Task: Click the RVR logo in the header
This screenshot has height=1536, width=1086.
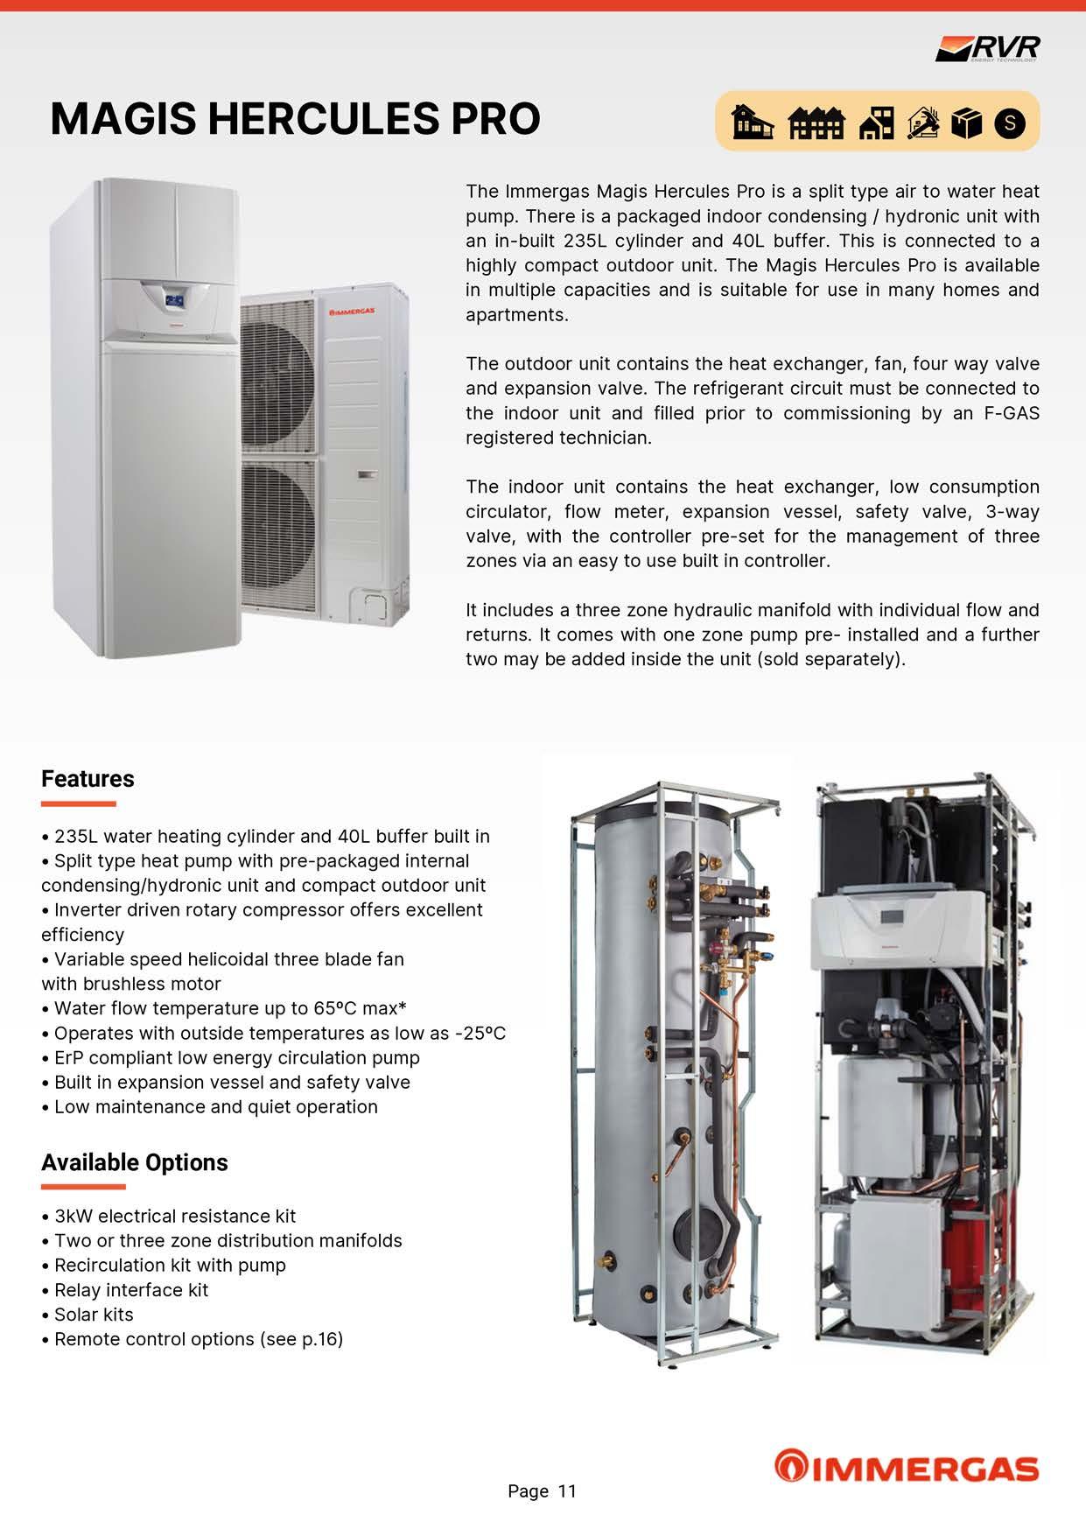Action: click(x=988, y=48)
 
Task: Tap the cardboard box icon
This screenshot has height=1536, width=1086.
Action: click(x=965, y=123)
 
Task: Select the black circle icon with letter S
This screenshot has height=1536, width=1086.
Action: click(x=1010, y=123)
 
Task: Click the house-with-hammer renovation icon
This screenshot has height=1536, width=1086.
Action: click(x=923, y=123)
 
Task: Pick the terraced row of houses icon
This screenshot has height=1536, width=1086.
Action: click(x=816, y=123)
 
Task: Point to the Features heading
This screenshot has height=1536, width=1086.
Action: click(x=88, y=779)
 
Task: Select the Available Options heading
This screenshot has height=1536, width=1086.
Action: click(x=134, y=1162)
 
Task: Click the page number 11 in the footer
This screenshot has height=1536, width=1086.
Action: click(x=567, y=1491)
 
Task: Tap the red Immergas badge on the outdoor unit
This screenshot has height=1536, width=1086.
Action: click(x=352, y=312)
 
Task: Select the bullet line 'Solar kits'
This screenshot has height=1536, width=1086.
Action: click(x=94, y=1315)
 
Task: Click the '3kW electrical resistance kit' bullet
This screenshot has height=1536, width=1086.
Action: click(x=175, y=1217)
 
